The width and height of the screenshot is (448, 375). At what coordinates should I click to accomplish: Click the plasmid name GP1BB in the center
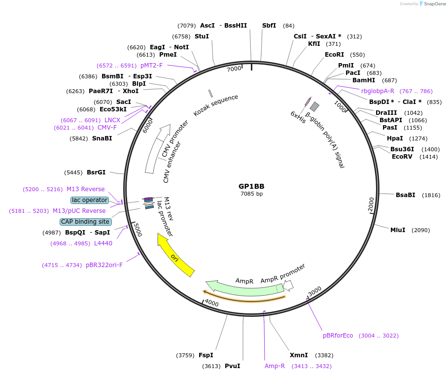[x=251, y=186]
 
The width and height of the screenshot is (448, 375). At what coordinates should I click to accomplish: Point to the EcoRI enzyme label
[x=338, y=55]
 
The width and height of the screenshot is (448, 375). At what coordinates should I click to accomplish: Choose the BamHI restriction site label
[x=364, y=80]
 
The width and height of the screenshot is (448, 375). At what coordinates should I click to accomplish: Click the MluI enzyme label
[x=398, y=230]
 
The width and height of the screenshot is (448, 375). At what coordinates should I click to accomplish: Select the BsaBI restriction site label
[x=405, y=195]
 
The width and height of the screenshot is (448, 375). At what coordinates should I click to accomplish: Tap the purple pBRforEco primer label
[x=338, y=336]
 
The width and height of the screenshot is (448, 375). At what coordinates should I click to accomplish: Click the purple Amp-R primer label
[x=275, y=366]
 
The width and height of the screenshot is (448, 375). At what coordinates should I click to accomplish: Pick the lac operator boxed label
[x=89, y=200]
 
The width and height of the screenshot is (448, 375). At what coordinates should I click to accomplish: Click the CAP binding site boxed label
[x=86, y=222]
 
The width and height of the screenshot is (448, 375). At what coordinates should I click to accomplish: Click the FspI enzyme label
[x=206, y=355]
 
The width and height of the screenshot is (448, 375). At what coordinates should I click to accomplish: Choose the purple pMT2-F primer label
[x=151, y=65]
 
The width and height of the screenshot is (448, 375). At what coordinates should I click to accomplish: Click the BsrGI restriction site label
[x=96, y=172]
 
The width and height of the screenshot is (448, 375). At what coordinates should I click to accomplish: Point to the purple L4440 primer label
[x=104, y=243]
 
